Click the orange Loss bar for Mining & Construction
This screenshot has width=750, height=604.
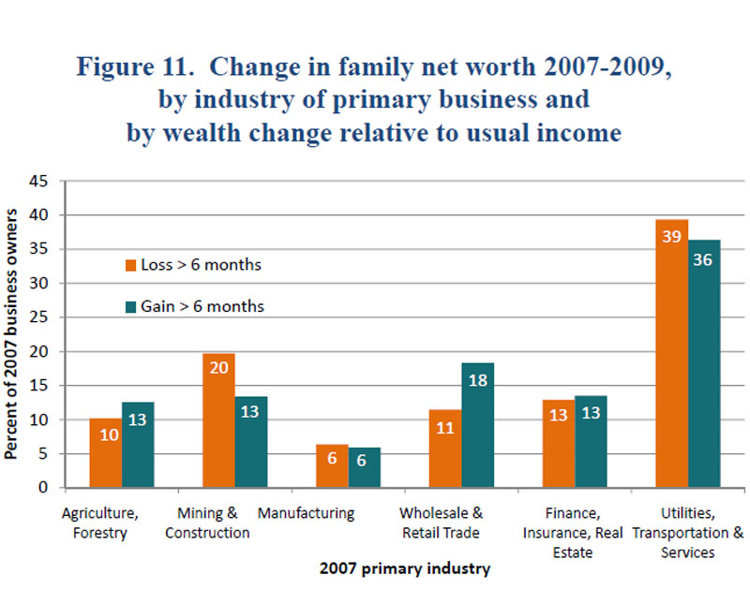point(219,421)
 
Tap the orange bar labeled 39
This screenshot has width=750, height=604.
point(672,356)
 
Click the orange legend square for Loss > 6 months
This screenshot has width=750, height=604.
point(132,265)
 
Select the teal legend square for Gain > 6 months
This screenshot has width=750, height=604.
point(132,306)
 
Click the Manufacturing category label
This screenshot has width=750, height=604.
point(306,514)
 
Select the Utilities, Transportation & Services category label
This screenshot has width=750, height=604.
point(688,533)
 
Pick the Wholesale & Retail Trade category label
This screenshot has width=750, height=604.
point(441,523)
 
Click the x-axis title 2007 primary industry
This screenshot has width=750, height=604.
point(404,568)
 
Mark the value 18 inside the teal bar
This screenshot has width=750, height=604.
point(477,379)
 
